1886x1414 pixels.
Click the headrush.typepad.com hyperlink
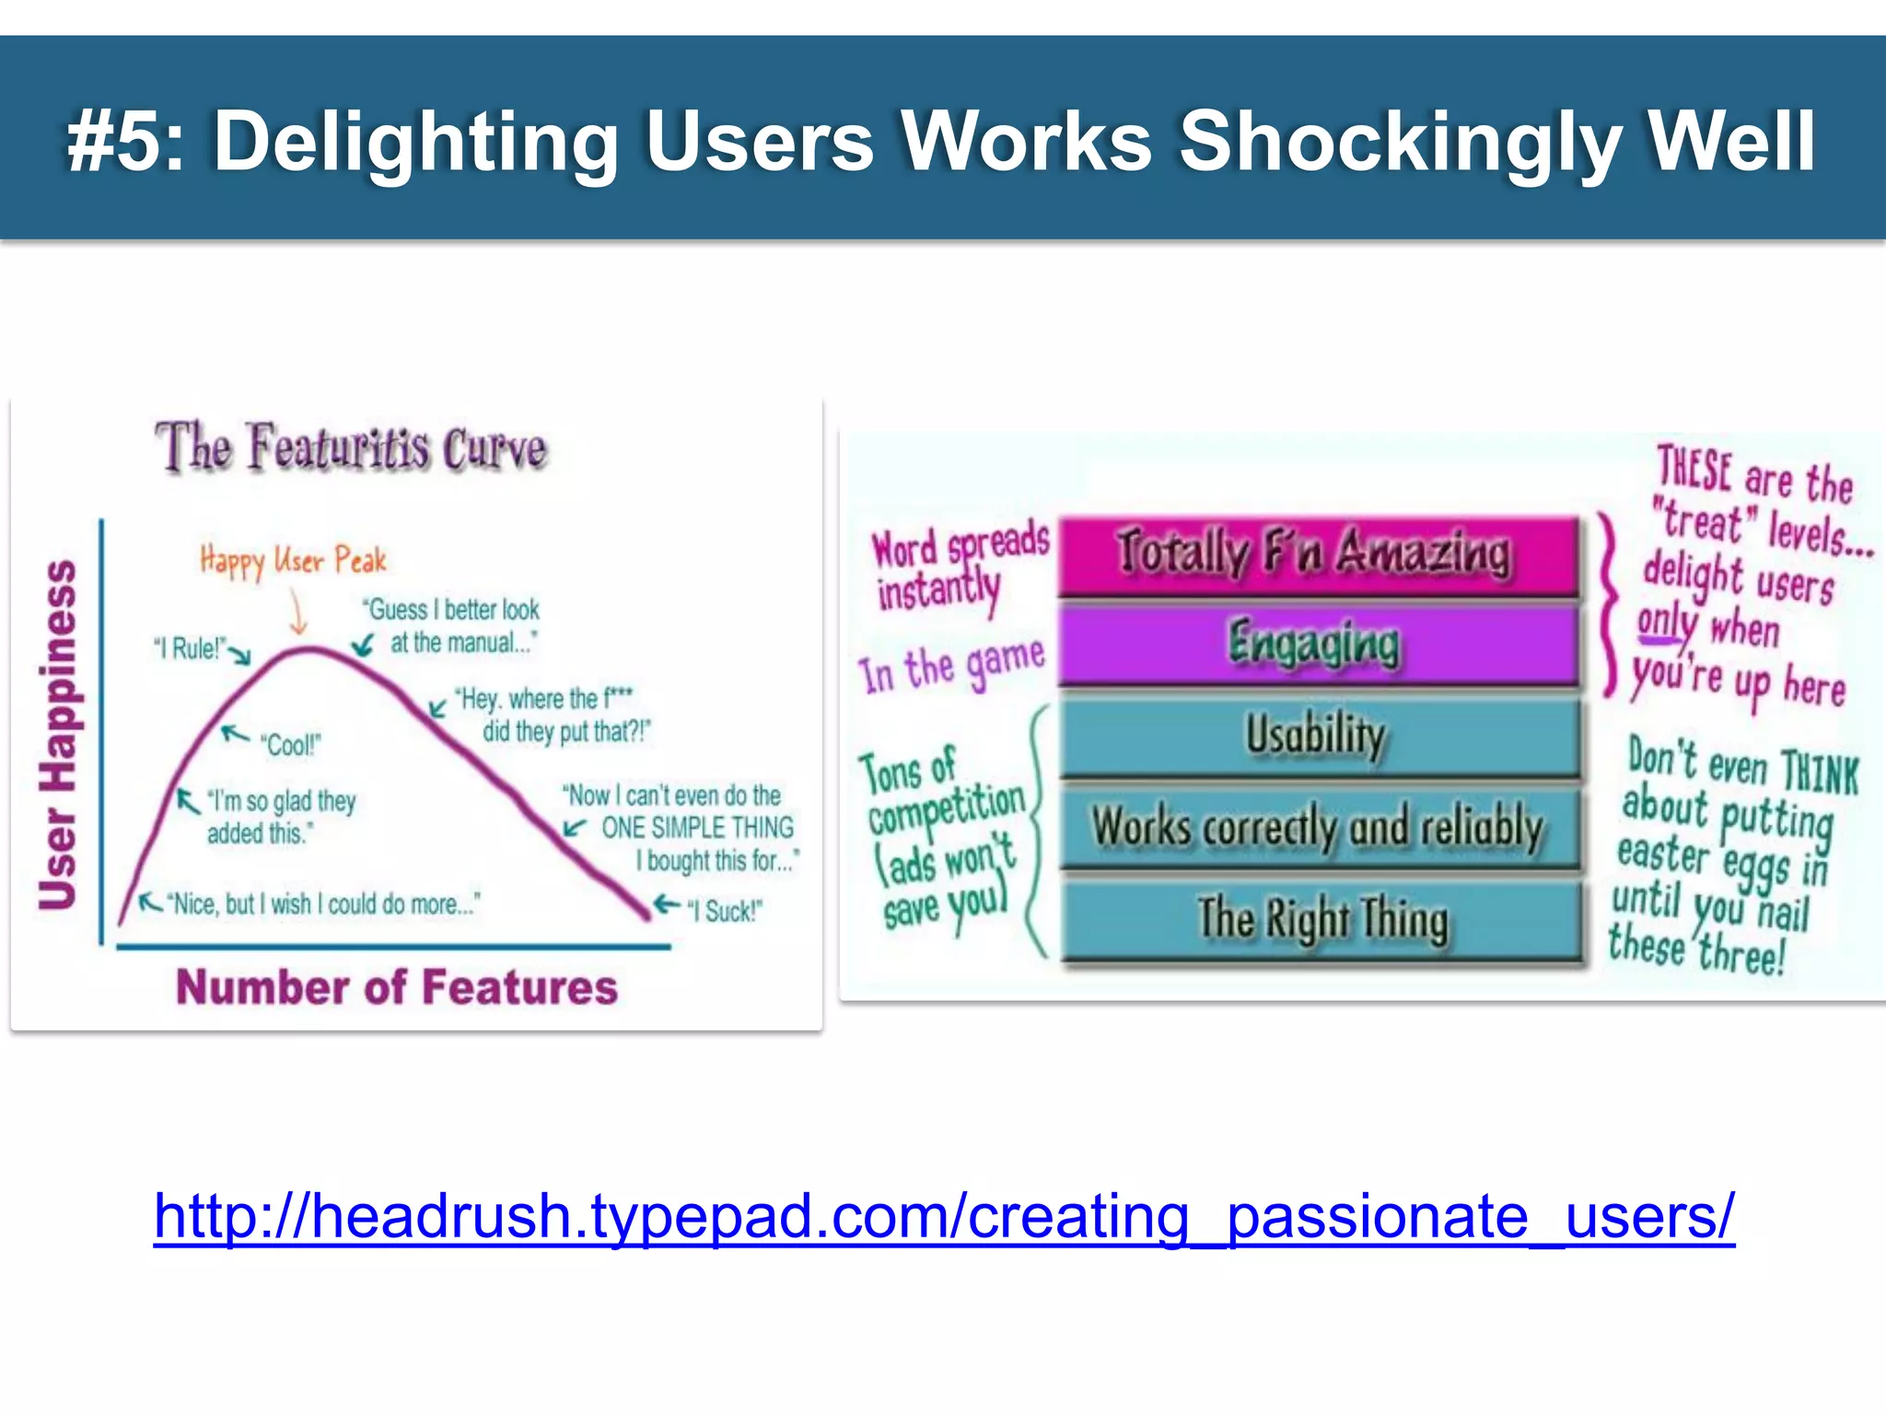(944, 1217)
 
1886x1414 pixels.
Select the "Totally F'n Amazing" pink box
(1317, 554)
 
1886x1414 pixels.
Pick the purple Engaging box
(1317, 643)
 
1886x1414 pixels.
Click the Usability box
(1317, 736)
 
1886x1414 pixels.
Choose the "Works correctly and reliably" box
(1317, 826)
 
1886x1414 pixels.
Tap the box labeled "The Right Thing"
(1321, 919)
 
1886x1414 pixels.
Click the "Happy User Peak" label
(293, 560)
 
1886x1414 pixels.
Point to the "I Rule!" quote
(189, 648)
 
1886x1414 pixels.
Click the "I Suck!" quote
(725, 911)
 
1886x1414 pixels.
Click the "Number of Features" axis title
(397, 987)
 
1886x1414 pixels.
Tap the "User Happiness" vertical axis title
(58, 734)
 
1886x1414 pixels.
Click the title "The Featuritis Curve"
(351, 447)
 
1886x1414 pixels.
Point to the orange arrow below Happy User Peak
(297, 611)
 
